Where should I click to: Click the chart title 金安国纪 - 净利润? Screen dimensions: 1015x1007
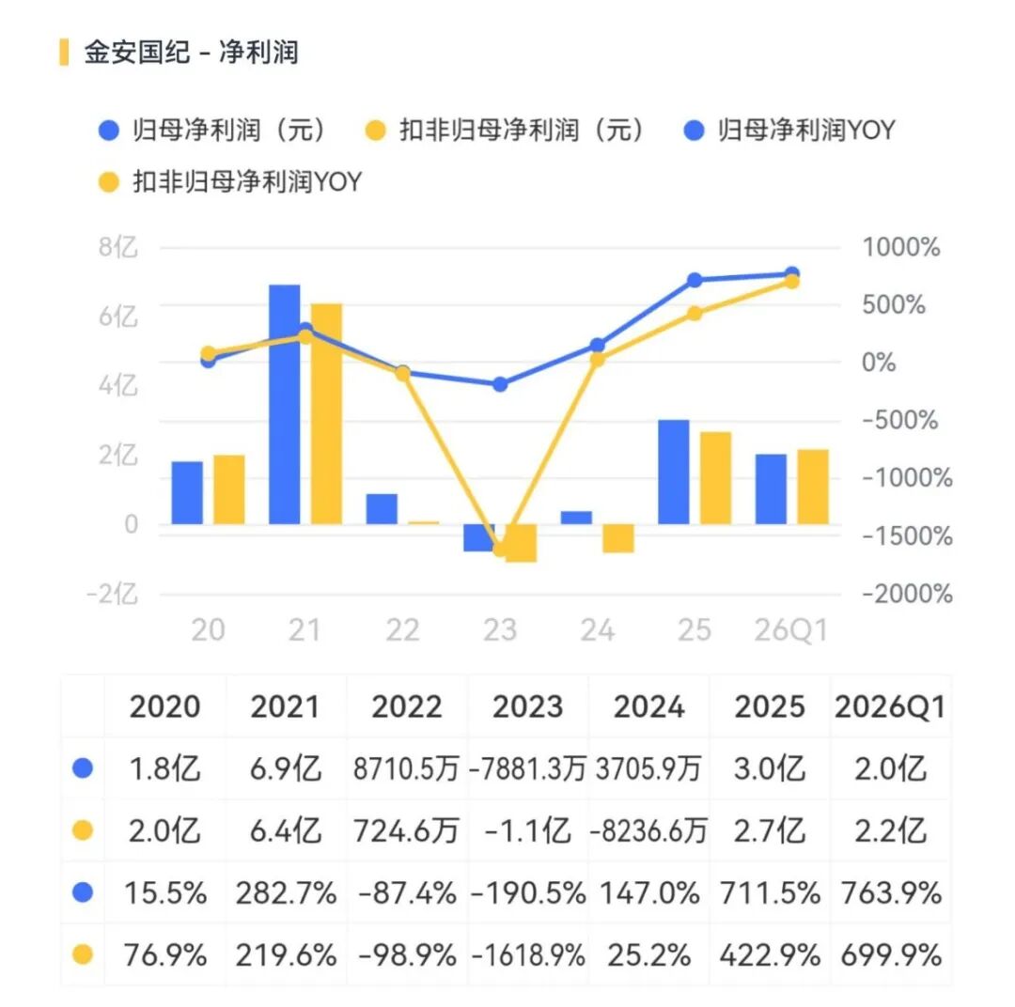pos(191,52)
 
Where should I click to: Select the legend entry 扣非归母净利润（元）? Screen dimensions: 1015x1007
pos(506,130)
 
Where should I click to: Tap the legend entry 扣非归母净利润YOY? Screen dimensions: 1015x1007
pos(230,182)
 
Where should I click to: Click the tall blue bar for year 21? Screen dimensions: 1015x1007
pos(284,405)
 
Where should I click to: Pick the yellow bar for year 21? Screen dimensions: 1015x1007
pos(326,413)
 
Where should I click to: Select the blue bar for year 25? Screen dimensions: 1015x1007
pos(674,472)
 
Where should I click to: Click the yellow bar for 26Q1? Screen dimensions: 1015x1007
pos(813,487)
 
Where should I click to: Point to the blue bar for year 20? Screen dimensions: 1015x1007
pos(187,492)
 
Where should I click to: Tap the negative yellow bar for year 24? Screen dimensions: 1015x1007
pos(618,538)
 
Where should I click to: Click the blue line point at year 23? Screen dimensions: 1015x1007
pos(500,384)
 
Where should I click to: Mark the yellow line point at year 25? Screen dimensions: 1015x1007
pos(694,314)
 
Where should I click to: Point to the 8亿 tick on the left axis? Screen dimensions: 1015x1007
pos(118,247)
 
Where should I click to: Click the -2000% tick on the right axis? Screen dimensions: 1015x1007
pos(907,594)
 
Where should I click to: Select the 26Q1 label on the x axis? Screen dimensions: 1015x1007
pos(791,629)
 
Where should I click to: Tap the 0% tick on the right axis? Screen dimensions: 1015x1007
pos(879,363)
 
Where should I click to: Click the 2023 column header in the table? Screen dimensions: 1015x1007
pos(527,706)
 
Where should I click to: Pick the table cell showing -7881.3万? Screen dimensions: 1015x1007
pos(527,768)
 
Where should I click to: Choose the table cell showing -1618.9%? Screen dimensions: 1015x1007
pos(528,955)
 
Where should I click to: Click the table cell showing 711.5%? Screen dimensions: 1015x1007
pos(770,893)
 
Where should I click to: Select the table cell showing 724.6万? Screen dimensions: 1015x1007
pos(407,831)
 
